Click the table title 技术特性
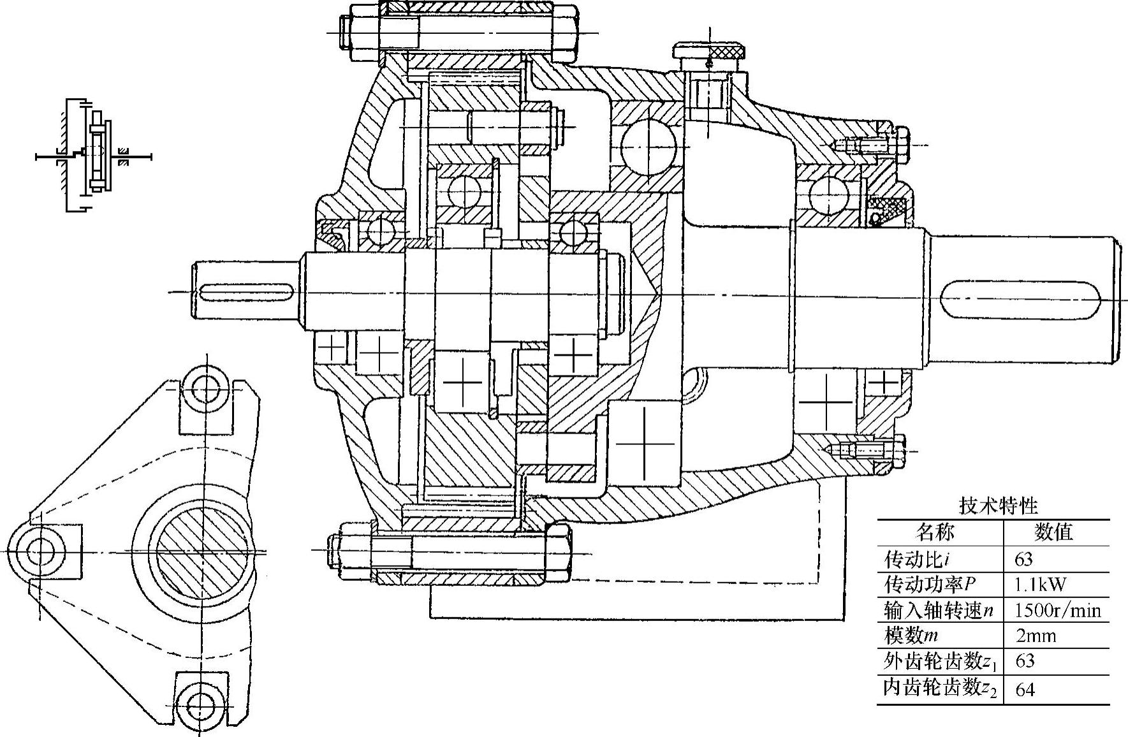click(999, 506)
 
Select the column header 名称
click(935, 531)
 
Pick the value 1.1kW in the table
click(1040, 585)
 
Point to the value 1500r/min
click(1057, 610)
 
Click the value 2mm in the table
click(1036, 636)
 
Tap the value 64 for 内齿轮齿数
click(1025, 689)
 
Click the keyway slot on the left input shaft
click(245, 293)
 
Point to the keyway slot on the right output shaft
click(995, 298)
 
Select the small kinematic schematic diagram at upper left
click(93, 156)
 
